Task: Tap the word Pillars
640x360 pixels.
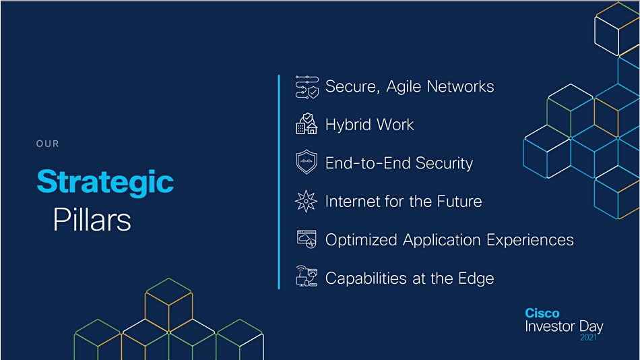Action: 92,219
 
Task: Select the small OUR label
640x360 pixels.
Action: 48,144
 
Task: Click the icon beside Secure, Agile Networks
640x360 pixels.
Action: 307,87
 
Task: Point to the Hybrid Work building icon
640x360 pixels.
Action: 307,124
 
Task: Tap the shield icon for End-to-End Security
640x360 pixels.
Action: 307,162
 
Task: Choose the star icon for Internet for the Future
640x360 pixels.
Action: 306,201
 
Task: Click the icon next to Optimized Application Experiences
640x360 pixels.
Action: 307,239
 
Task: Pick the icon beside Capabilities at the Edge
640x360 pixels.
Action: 307,276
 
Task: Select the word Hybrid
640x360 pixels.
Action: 348,125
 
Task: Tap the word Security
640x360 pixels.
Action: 444,163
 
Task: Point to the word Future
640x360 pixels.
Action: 459,202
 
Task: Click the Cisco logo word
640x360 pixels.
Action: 542,313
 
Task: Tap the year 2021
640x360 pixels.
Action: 588,338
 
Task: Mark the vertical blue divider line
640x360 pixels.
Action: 279,182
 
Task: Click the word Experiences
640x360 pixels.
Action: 530,240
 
